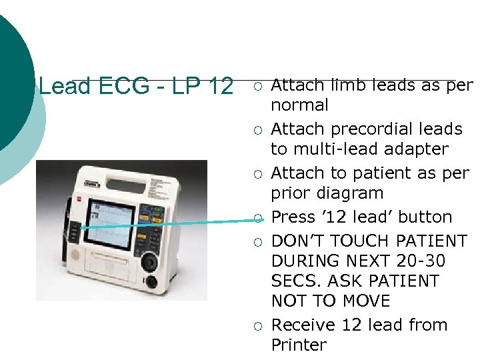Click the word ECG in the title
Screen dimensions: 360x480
click(120, 87)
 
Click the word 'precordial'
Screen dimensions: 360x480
click(367, 129)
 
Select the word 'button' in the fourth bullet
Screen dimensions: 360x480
click(426, 217)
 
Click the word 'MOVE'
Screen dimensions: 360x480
click(365, 301)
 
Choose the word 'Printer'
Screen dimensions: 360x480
click(299, 345)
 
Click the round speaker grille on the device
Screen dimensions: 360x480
click(75, 255)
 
